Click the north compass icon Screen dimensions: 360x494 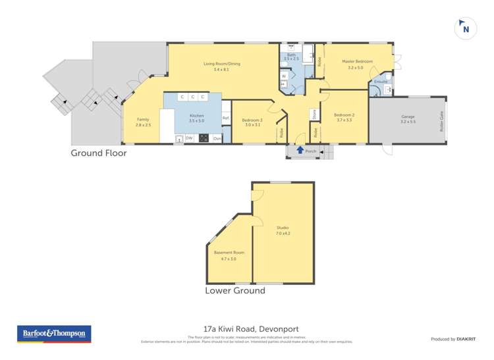(x=466, y=28)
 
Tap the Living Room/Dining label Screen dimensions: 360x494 (x=217, y=64)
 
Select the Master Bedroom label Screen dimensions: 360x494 (x=357, y=61)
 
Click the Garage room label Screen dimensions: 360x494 (x=408, y=116)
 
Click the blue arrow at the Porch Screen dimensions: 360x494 (x=300, y=151)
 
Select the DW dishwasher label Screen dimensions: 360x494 (x=189, y=138)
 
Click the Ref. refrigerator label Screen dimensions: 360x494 (x=225, y=118)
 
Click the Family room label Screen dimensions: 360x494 (x=143, y=119)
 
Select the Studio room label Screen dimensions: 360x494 (x=283, y=228)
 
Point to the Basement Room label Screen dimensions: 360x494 (x=229, y=253)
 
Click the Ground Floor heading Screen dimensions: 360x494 (x=99, y=153)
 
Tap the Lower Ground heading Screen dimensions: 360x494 (x=235, y=290)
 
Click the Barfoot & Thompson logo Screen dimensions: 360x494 (x=53, y=334)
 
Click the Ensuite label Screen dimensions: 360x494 (x=381, y=82)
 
